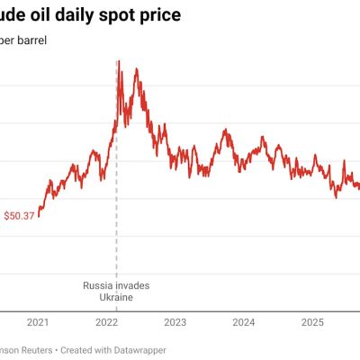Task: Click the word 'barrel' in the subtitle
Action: pyautogui.click(x=31, y=40)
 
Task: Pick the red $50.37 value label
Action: pyautogui.click(x=19, y=216)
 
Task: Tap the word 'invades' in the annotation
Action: pyautogui.click(x=133, y=286)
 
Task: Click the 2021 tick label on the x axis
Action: pyautogui.click(x=38, y=322)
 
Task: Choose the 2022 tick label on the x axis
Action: pyautogui.click(x=107, y=322)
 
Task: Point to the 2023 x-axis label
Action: pyautogui.click(x=175, y=322)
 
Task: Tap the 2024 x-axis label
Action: pyautogui.click(x=243, y=322)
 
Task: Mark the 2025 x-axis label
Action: pyautogui.click(x=311, y=322)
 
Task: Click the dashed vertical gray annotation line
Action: pyautogui.click(x=117, y=225)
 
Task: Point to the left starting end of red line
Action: pyautogui.click(x=39, y=216)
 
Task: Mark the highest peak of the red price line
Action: pyautogui.click(x=121, y=61)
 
